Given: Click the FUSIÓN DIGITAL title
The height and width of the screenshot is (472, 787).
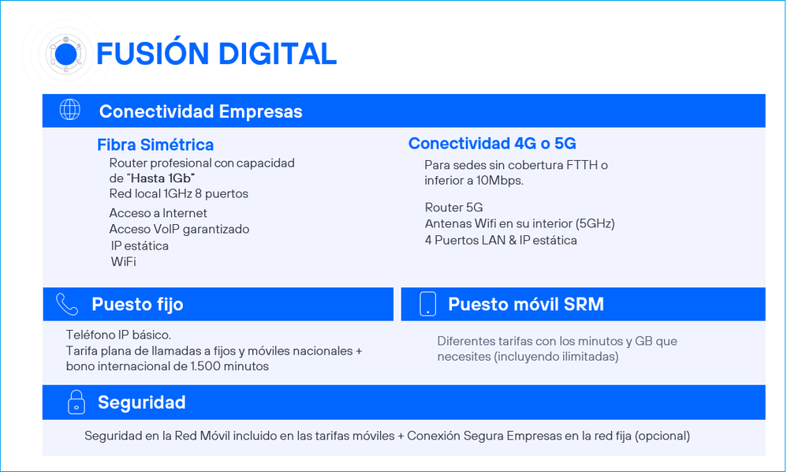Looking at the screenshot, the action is tap(216, 54).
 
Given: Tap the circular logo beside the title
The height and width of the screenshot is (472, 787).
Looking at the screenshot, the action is tap(65, 54).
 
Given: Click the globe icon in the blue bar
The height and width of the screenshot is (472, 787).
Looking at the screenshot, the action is tap(69, 110).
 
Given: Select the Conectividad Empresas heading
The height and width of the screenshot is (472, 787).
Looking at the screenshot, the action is tap(201, 111).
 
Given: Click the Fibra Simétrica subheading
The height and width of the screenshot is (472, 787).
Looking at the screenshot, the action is tap(155, 144).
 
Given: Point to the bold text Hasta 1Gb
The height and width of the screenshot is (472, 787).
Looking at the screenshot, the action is tap(161, 178).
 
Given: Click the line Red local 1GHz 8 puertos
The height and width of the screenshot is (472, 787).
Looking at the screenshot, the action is tap(179, 194).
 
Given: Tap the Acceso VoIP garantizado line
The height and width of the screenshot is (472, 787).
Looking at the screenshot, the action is tap(179, 229).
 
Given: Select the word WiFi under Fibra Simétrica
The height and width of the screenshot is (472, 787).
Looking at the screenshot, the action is tap(124, 261).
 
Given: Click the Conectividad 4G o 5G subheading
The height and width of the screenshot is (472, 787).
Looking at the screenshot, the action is tap(492, 144).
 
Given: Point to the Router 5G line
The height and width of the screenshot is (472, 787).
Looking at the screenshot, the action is tap(453, 208).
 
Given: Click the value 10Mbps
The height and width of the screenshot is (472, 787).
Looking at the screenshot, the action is tap(499, 180).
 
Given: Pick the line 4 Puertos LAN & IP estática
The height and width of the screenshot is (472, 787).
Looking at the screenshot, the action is tap(501, 240).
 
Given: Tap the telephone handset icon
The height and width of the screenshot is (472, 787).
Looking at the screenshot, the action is tap(67, 305).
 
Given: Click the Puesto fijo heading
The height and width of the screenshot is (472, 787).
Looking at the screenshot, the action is tap(137, 305).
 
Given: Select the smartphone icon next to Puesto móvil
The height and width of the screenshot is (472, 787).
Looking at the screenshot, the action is tap(427, 304).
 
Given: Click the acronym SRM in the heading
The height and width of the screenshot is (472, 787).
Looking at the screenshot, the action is tap(584, 305).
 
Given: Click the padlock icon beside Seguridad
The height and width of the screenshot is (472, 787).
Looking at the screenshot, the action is tap(76, 403).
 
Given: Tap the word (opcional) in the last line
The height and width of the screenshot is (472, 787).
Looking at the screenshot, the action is tap(662, 436).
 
